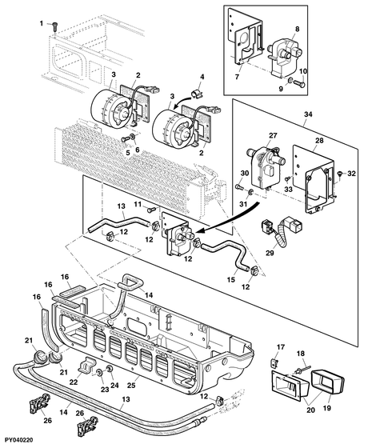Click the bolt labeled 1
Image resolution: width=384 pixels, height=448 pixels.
click(x=55, y=28)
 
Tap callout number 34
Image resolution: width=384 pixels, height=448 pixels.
click(x=308, y=114)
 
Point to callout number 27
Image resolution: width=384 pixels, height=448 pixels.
click(x=273, y=135)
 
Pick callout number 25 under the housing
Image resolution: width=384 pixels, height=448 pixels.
click(x=131, y=386)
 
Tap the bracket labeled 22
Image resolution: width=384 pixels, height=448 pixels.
click(x=86, y=366)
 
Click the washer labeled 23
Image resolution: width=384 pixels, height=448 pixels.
click(x=100, y=373)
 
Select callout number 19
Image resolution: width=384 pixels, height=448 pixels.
click(x=326, y=408)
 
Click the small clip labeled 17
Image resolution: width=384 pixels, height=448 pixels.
click(x=274, y=363)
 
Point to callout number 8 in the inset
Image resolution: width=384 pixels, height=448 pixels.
click(x=297, y=29)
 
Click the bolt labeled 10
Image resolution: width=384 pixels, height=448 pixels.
click(x=299, y=83)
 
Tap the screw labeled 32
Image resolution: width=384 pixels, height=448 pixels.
click(x=340, y=173)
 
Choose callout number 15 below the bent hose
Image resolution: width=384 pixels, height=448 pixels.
click(x=230, y=279)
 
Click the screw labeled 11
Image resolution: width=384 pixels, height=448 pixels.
click(x=151, y=210)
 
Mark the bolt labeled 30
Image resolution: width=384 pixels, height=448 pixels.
click(x=239, y=187)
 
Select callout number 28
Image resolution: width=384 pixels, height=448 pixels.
click(x=319, y=140)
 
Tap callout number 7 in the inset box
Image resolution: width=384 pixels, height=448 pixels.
click(x=237, y=77)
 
